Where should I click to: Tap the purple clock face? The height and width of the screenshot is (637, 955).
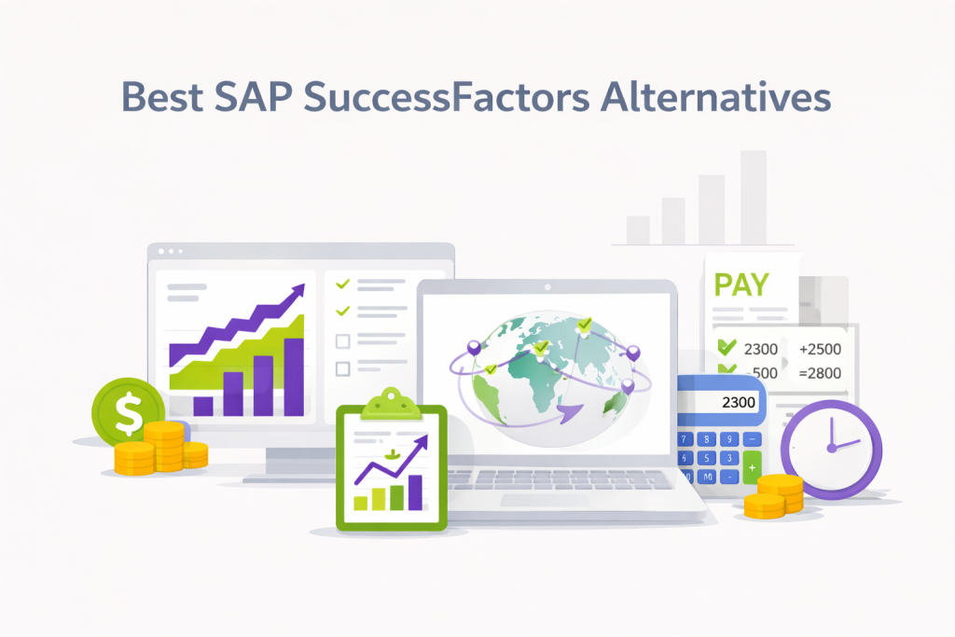[x=830, y=446]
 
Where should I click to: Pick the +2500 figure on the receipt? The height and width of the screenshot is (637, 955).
[x=820, y=350]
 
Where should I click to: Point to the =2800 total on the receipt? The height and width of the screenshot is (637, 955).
[x=820, y=374]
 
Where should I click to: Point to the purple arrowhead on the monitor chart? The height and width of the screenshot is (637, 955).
[x=298, y=294]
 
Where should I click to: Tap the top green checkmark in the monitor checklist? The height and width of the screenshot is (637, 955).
[x=342, y=283]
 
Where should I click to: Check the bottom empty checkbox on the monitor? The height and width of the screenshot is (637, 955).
[x=342, y=368]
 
